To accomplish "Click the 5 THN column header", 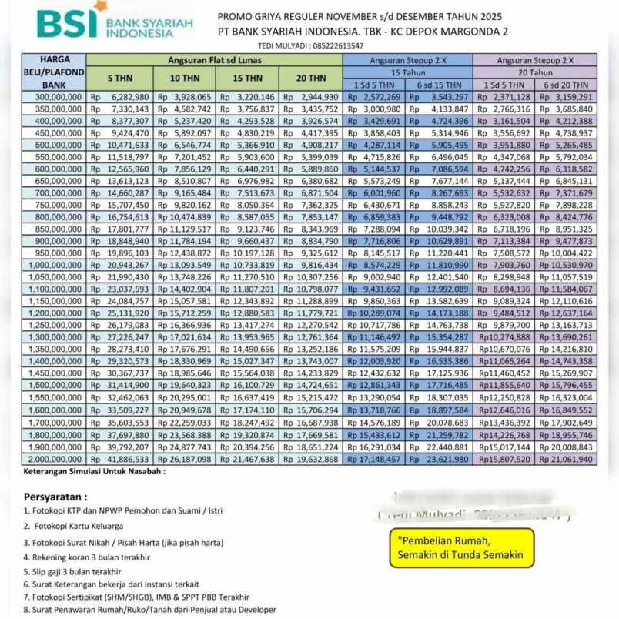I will [119, 79].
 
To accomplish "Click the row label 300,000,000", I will [53, 97].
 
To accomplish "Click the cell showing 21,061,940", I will [564, 459].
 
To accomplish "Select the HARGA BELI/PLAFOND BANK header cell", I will [53, 72].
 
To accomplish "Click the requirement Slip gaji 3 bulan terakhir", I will [74, 571].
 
